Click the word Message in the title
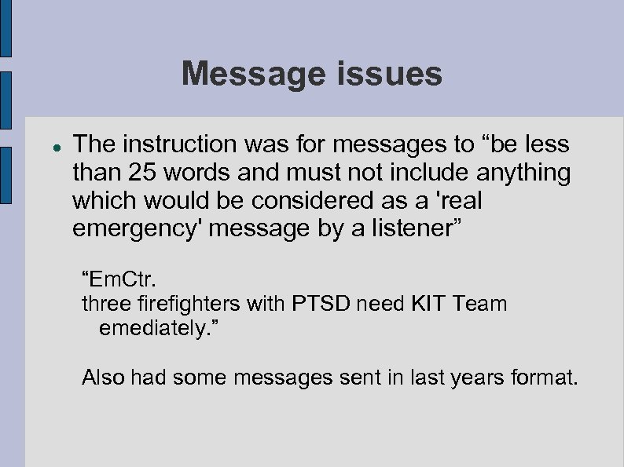pos(249,75)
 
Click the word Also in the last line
pos(105,378)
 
